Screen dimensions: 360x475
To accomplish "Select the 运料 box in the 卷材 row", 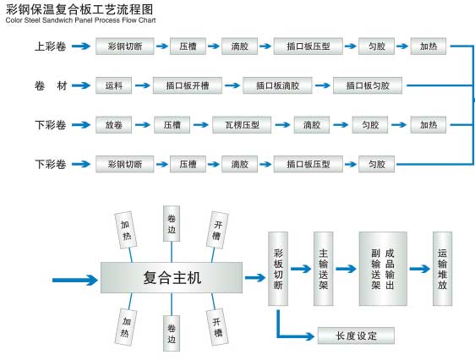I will (x=114, y=85).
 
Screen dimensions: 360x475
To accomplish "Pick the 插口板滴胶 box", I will (x=277, y=85).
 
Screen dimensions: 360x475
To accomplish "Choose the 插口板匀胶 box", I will (x=368, y=85).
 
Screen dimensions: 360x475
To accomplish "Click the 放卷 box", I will (x=114, y=125).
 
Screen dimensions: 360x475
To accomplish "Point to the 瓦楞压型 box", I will (x=241, y=125).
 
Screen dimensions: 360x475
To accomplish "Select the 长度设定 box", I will (x=356, y=335).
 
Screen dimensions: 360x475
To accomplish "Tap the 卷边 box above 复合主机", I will (x=172, y=223).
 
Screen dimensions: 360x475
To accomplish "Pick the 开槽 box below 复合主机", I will (x=217, y=325).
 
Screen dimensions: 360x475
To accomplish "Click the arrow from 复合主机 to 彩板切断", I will (x=254, y=276).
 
